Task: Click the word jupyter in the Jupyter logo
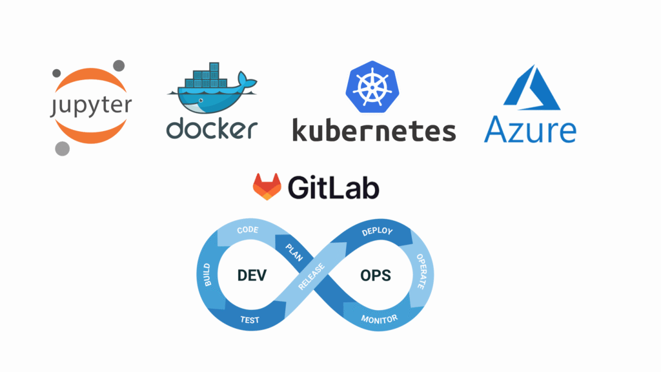tap(91, 105)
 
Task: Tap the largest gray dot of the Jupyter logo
tap(62, 149)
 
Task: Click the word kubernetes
tap(374, 129)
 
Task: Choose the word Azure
tap(530, 130)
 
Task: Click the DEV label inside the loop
tap(252, 275)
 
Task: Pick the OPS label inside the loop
tap(375, 275)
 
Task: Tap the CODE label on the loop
tap(248, 231)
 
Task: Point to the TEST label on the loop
tap(250, 320)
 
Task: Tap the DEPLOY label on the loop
tap(378, 232)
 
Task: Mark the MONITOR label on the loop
tap(380, 318)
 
